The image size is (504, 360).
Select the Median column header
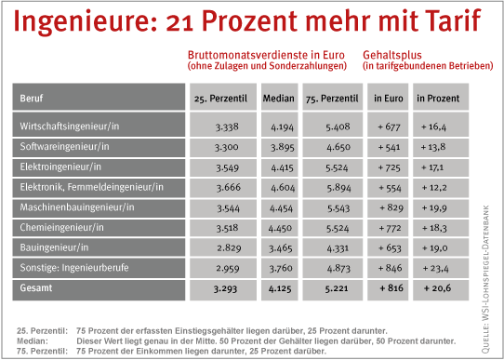pos(278,98)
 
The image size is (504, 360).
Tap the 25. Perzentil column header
pos(220,99)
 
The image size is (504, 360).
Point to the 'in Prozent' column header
pos(438,98)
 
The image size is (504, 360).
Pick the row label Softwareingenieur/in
pos(64,147)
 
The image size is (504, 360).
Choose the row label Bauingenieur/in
pos(54,247)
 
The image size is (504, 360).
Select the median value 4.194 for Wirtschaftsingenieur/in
pos(282,127)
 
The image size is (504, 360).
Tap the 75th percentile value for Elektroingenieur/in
pos(338,167)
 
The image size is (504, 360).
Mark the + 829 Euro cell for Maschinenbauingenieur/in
pos(391,208)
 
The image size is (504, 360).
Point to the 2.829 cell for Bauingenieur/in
pos(229,248)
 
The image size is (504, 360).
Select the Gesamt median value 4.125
pos(280,288)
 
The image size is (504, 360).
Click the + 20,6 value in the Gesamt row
pos(437,288)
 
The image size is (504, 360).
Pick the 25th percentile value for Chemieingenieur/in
pos(227,228)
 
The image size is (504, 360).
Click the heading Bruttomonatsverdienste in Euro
pos(266,55)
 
